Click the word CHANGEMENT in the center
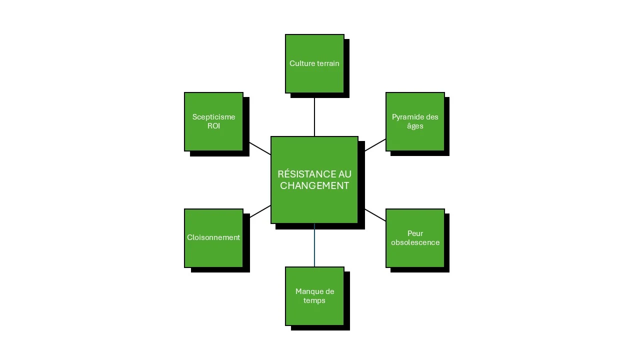tap(314, 185)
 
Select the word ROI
tap(213, 126)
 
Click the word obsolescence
tap(415, 242)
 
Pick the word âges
tap(415, 126)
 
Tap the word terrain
tap(327, 63)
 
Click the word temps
tap(314, 300)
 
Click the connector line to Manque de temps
tap(314, 245)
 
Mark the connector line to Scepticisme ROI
tap(260, 148)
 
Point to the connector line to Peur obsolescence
tap(375, 215)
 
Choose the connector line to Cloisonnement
tap(260, 211)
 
